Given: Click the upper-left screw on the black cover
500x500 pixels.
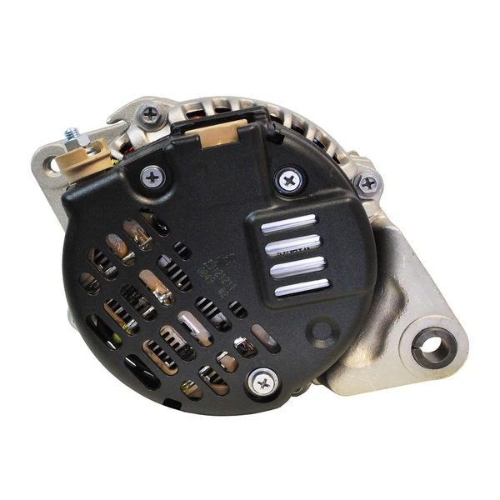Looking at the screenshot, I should pos(152,175).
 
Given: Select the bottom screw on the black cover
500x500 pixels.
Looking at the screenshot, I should pos(263,382).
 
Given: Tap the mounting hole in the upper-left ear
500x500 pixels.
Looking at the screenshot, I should pos(53,165).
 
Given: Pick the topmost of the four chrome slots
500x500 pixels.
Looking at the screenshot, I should pos(288,223).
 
